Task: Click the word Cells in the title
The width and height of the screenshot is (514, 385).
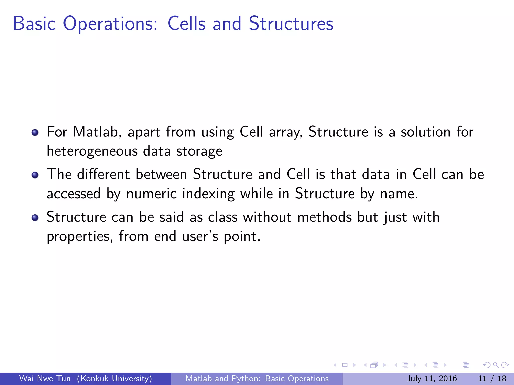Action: [186, 24]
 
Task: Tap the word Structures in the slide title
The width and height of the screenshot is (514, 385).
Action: [291, 24]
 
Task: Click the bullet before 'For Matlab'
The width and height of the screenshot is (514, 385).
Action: [35, 132]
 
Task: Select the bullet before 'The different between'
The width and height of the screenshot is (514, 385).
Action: [35, 175]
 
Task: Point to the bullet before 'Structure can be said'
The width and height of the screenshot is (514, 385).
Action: [35, 218]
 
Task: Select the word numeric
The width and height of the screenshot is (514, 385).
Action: [151, 194]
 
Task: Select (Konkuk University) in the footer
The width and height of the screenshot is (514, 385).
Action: [114, 378]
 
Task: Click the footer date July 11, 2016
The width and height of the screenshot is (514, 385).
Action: [431, 378]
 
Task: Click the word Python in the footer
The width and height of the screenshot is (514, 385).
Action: [246, 378]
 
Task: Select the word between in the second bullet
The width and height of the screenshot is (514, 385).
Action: [161, 174]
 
